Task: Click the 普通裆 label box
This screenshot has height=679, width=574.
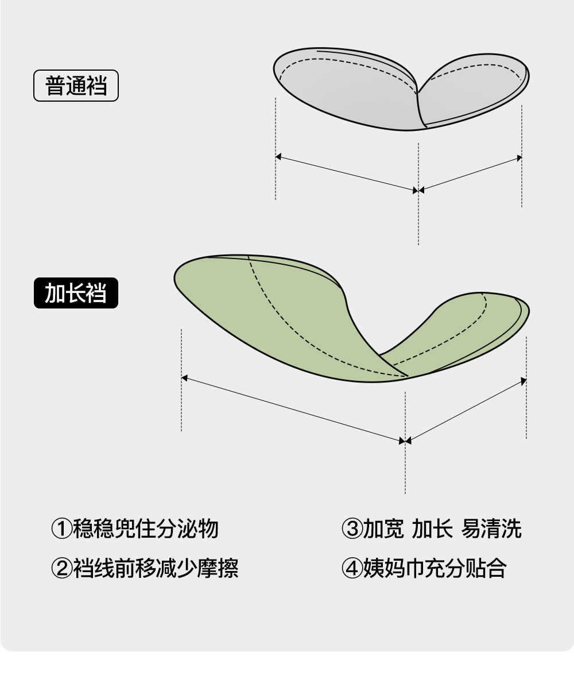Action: coord(76,86)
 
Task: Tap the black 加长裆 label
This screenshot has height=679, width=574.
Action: coord(76,293)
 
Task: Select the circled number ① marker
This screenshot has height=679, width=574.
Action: coord(61,528)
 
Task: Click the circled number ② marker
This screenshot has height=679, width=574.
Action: coord(61,568)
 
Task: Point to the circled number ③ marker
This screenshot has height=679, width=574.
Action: coord(351,528)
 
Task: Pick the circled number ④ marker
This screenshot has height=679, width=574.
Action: coord(351,568)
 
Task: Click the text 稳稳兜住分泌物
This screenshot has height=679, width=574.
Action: coord(146,528)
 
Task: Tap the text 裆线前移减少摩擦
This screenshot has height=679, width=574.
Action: coord(156,568)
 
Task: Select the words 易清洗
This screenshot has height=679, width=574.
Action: coord(491,528)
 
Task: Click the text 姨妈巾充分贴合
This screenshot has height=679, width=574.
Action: coord(435,568)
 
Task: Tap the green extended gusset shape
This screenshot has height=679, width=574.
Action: coord(287,322)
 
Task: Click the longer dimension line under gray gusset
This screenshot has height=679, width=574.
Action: coord(347,173)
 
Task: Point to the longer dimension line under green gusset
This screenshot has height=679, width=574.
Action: coord(293,409)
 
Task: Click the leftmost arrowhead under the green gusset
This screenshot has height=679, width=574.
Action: coord(185,378)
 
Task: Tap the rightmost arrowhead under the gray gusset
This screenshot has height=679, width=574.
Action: coord(519,158)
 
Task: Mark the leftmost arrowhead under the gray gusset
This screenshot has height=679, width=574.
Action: coord(279,156)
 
